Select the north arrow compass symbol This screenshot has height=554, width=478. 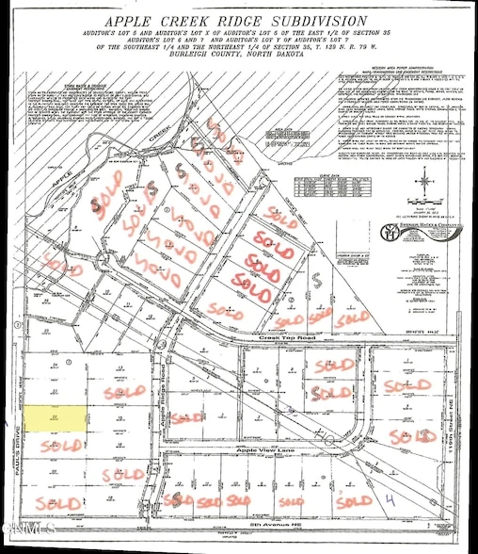coord(422,181)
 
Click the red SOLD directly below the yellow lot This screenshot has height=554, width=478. coord(62,444)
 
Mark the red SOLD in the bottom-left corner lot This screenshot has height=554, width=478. coord(53,500)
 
